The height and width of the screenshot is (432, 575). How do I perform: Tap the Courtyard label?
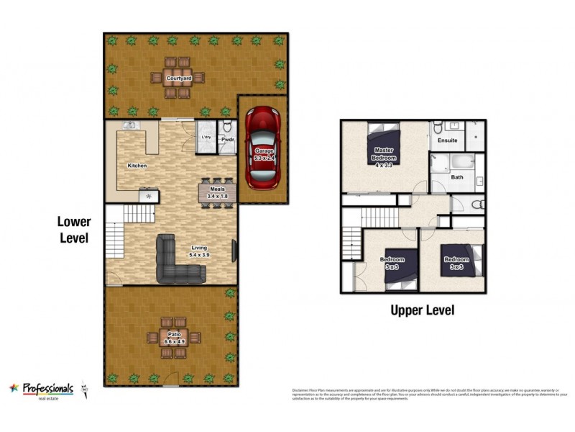coord(178,78)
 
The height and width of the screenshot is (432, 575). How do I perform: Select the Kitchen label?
coord(137,166)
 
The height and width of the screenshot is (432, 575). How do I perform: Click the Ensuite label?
coord(448,140)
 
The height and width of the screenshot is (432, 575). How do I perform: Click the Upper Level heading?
coord(422,310)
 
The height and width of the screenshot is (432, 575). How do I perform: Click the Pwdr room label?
coord(226,139)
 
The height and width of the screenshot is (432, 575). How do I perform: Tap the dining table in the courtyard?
coord(178,78)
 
